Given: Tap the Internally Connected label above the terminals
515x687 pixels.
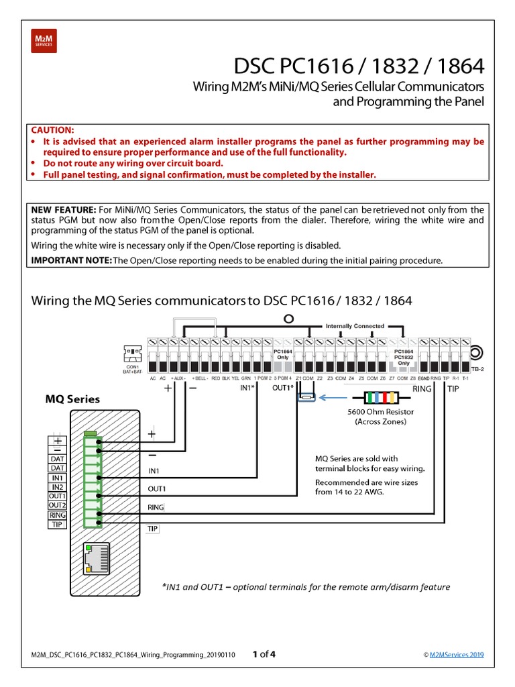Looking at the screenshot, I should [355, 326].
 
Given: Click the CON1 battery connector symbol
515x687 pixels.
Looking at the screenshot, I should [132, 353].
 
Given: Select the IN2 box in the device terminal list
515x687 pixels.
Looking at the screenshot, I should [57, 486].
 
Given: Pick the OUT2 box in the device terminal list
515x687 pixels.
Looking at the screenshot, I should [57, 505].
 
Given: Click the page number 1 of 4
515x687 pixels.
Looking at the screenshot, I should [264, 654].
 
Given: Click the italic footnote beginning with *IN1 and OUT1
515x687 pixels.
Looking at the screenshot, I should [306, 586].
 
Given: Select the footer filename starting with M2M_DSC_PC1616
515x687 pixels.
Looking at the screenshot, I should [133, 655].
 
